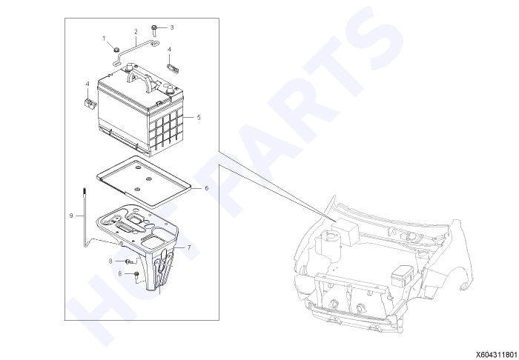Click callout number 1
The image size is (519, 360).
tap(104, 39)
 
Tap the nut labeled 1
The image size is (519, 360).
tap(116, 49)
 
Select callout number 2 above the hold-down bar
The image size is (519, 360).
tap(136, 32)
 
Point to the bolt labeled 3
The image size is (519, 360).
tap(154, 29)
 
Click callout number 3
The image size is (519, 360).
tap(172, 27)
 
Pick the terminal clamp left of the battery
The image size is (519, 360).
tap(89, 103)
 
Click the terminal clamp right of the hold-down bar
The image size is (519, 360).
tap(173, 68)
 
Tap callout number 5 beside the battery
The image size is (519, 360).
tap(199, 117)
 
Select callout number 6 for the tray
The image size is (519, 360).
tap(207, 188)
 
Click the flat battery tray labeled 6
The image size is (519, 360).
tap(145, 181)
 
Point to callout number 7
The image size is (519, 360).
tap(189, 247)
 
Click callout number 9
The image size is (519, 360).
tap(71, 216)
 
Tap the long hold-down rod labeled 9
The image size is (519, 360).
tap(85, 216)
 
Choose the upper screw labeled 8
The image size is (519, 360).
tap(130, 261)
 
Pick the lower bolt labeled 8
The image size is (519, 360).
tap(136, 277)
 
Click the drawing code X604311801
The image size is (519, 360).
tap(497, 355)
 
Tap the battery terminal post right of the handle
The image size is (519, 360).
tap(171, 90)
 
